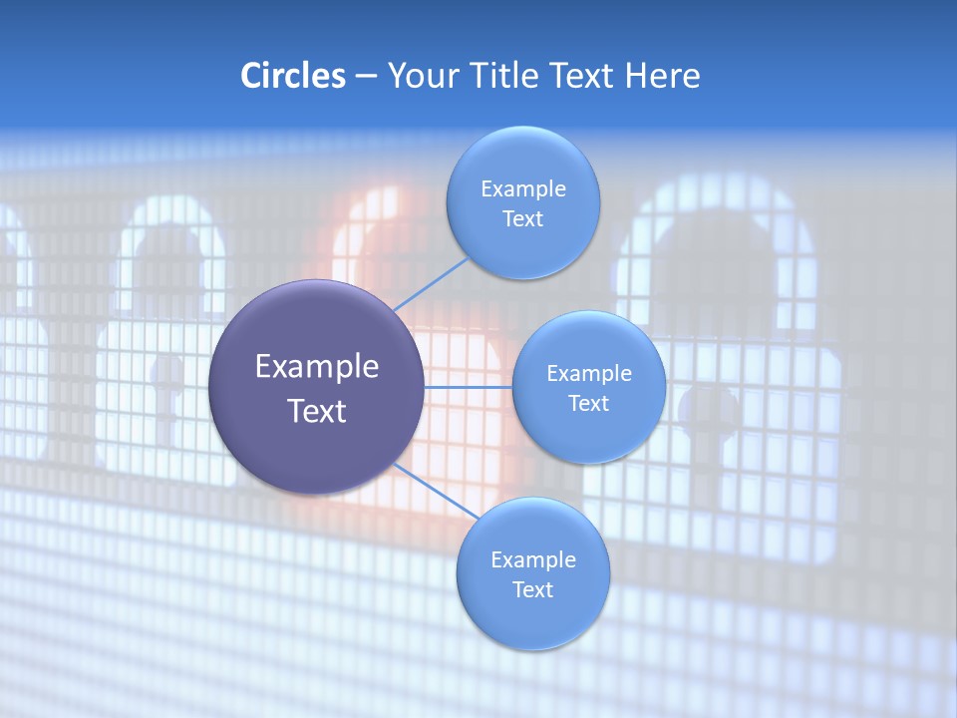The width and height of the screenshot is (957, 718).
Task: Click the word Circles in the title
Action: [292, 76]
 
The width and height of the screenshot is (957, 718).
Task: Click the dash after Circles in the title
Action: [366, 77]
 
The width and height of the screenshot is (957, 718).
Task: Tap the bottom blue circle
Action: [532, 618]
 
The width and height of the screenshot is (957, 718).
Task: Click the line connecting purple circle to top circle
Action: [431, 284]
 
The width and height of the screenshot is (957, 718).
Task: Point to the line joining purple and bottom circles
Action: [436, 492]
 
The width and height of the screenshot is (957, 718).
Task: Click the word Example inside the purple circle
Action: [316, 366]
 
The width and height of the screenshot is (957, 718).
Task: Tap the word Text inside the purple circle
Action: [316, 410]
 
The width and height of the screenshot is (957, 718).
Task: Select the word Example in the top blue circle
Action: [522, 188]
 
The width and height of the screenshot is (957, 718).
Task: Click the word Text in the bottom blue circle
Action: [532, 589]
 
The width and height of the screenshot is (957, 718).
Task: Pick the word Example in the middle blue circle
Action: [588, 373]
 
